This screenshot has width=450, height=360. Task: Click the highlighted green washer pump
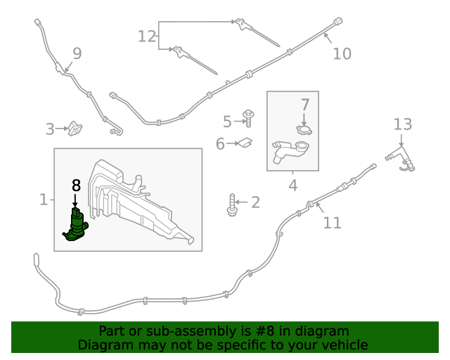75,225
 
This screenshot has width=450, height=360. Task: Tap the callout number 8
76,186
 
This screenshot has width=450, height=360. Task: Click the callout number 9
77,53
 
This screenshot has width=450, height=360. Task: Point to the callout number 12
146,36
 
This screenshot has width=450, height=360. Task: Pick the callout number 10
342,53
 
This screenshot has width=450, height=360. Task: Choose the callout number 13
402,124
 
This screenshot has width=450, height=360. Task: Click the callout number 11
332,223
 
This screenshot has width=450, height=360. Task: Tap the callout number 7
305,105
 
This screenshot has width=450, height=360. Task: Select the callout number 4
292,186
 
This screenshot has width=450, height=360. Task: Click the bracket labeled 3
75,129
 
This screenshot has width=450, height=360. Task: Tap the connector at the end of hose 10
338,22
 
